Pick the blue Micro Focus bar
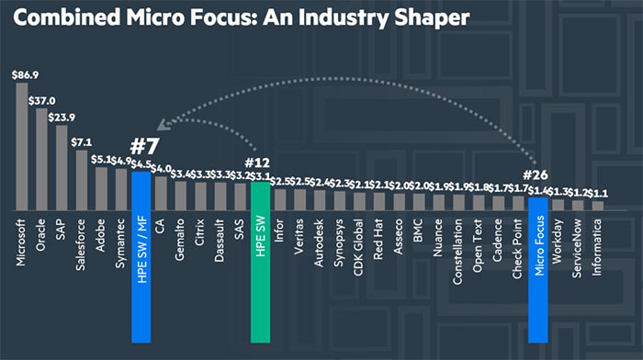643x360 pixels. click(538, 248)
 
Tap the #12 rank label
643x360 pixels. click(261, 162)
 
